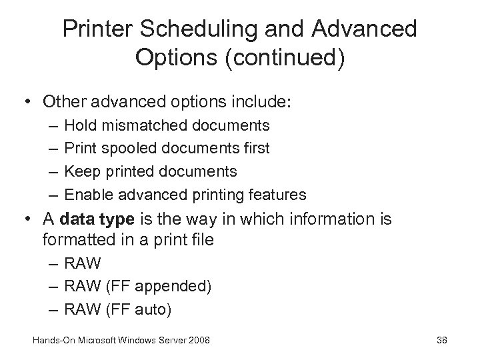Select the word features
(x=275, y=195)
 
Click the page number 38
(x=441, y=341)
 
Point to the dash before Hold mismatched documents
(x=53, y=125)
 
